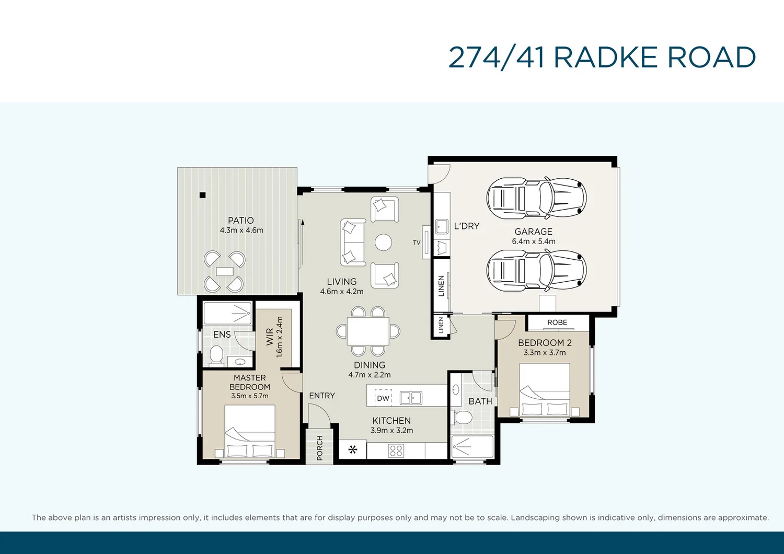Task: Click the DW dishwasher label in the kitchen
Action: point(383,398)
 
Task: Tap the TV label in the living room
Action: point(417,243)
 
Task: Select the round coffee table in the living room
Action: point(383,242)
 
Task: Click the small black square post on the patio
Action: point(203,195)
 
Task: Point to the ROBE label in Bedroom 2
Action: point(557,322)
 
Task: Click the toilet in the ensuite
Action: point(216,355)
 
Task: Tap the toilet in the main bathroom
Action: point(462,417)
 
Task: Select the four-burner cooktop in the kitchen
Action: point(396,451)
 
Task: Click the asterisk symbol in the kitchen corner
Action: point(353,449)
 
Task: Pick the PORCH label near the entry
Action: point(319,448)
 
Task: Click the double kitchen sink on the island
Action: point(411,398)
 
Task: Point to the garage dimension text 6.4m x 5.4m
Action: point(534,241)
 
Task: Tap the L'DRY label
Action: point(466,226)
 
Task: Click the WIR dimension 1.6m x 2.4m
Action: point(280,337)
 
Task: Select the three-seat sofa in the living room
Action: point(353,243)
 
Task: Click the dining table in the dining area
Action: point(368,331)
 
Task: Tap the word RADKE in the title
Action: point(605,57)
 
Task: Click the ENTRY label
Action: point(322,396)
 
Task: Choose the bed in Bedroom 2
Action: point(545,389)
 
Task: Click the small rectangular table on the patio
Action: point(225,271)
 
